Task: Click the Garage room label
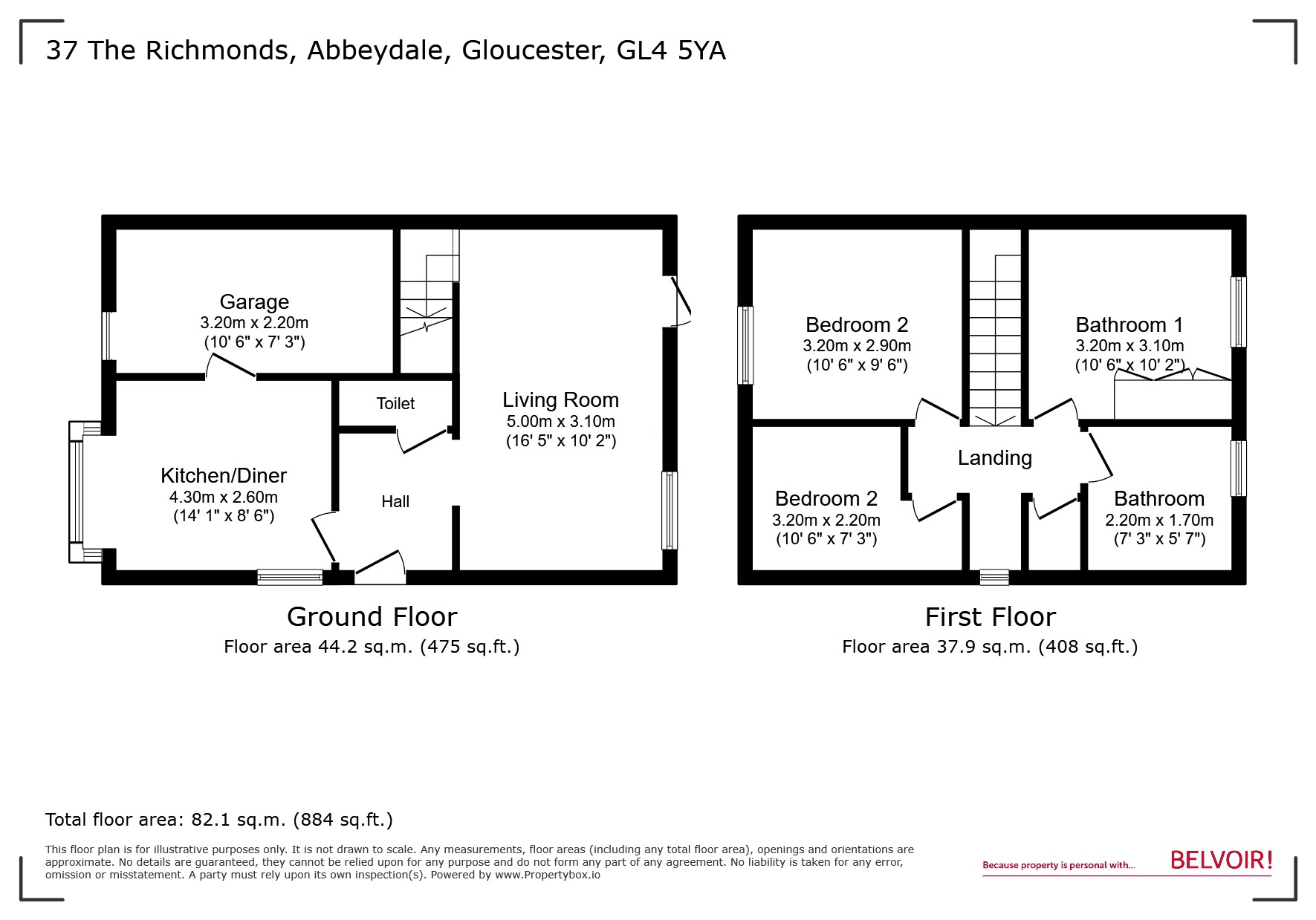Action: pos(254,301)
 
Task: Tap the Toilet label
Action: pos(395,403)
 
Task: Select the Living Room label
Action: pos(560,399)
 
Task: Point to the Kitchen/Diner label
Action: pos(224,475)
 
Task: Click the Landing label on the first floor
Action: pos(994,457)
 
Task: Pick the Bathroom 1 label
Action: pos(1129,324)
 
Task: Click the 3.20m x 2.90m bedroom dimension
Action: pos(856,346)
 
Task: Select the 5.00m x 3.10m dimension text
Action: pos(560,422)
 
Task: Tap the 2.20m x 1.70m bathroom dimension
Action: pos(1158,520)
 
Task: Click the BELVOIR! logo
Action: pos(1221,861)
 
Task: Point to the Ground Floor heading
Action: pos(372,616)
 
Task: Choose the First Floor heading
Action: pos(990,616)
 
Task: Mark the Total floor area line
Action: pos(219,820)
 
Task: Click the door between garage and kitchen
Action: pos(230,367)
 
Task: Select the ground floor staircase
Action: pos(427,297)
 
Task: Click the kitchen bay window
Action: pos(76,492)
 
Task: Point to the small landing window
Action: pos(994,577)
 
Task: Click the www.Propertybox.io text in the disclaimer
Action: pos(548,875)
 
